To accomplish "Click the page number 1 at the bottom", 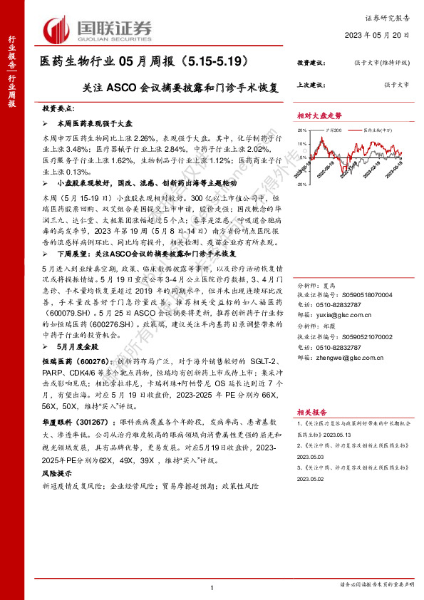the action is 212,586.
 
